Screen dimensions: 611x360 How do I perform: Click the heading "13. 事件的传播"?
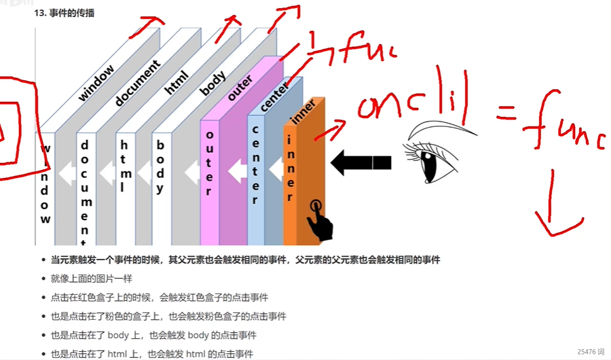[x=64, y=13]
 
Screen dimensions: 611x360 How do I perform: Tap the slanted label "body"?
[x=212, y=86]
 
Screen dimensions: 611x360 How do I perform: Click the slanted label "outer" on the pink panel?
[x=240, y=89]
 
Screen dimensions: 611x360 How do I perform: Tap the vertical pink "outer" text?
[x=209, y=166]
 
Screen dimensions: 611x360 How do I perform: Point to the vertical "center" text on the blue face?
[x=255, y=164]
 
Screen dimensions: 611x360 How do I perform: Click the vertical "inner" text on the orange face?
[x=289, y=168]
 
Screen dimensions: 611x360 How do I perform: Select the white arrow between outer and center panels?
[x=237, y=170]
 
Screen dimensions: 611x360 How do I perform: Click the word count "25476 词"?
[x=590, y=352]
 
